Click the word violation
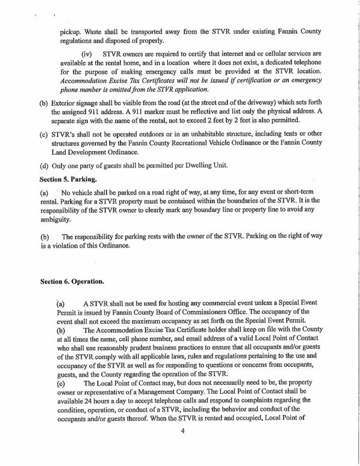[x=71, y=244]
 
